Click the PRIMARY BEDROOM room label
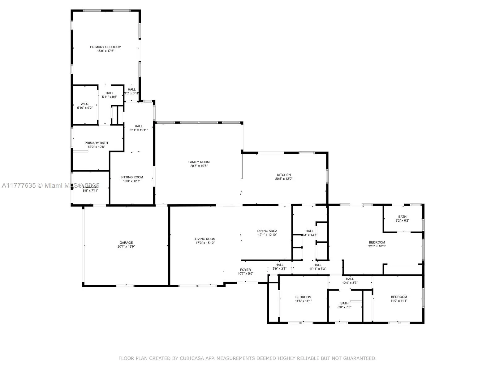[x=105, y=47]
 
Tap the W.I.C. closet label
[x=85, y=104]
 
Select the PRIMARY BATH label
[x=96, y=143]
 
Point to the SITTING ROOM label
[x=132, y=177]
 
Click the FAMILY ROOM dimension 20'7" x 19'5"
[x=199, y=166]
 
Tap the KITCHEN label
[x=284, y=175]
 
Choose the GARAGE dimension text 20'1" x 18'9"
[x=126, y=247]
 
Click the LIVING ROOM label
[x=205, y=239]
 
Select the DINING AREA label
[x=267, y=231]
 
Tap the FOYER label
[x=245, y=270]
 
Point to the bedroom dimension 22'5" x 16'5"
[x=377, y=246]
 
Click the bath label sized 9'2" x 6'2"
[x=402, y=217]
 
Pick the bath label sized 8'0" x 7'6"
[x=344, y=303]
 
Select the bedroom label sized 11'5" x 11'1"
[x=303, y=297]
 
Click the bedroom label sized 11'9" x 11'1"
[x=399, y=297]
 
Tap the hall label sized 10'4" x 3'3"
[x=350, y=279]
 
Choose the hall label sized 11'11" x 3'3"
[x=317, y=265]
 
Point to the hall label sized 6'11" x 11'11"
[x=139, y=126]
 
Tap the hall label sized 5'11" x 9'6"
[x=110, y=93]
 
